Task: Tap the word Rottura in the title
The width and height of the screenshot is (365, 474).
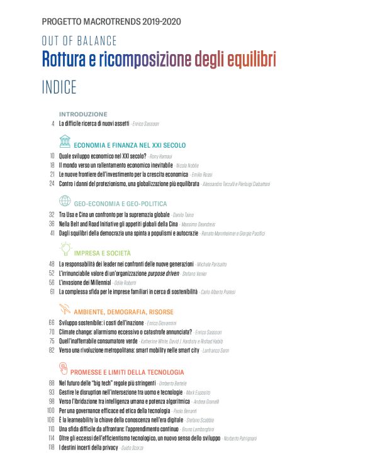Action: (x=67, y=60)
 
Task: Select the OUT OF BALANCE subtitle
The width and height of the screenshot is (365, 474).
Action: (x=79, y=41)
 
